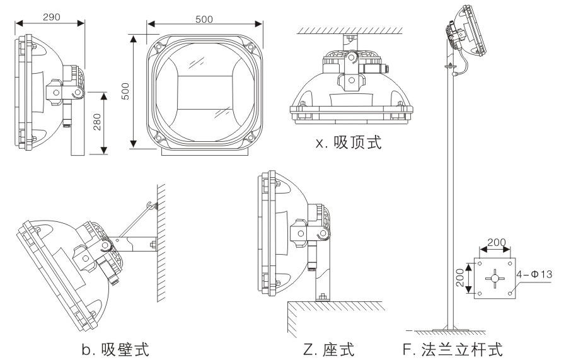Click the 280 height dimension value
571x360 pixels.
[x=95, y=122]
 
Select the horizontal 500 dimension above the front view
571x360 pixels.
[x=204, y=19]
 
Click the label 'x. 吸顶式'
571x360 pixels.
[x=349, y=142]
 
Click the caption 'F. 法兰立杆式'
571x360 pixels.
[x=454, y=349]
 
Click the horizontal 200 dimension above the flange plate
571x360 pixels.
[x=496, y=242]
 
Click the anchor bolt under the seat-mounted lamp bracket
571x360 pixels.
[x=321, y=296]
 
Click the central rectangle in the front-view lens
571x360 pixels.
[x=203, y=95]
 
